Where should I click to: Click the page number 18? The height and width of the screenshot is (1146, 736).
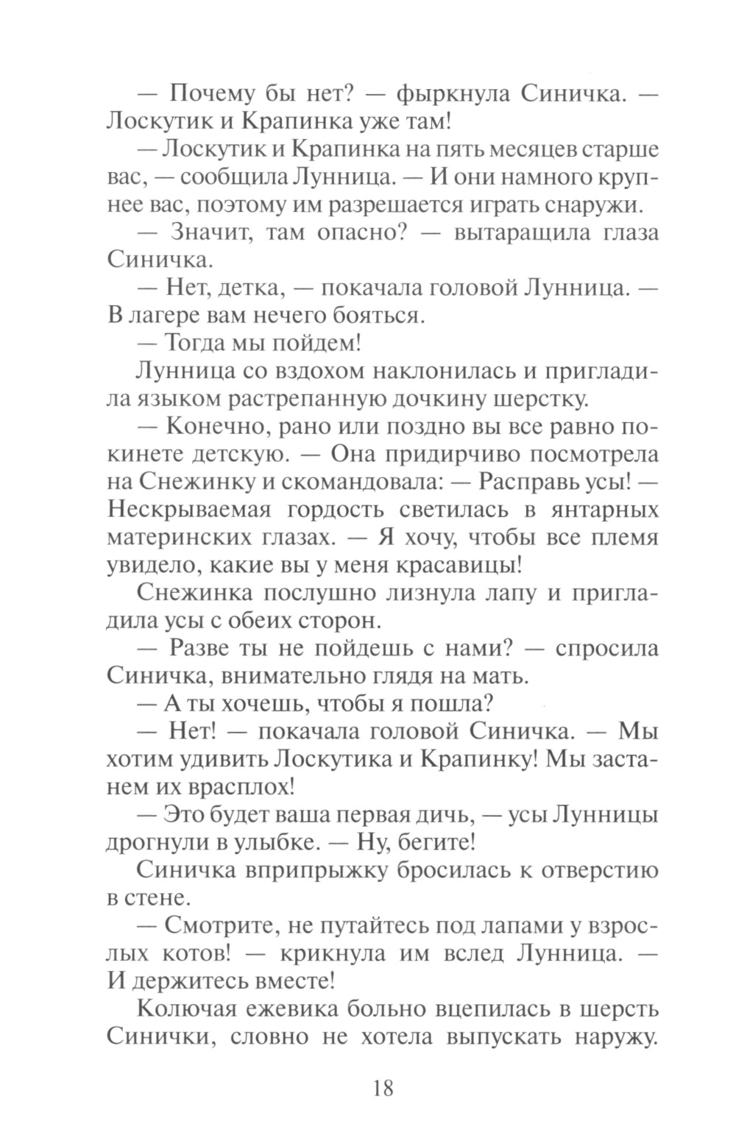point(383,1086)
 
